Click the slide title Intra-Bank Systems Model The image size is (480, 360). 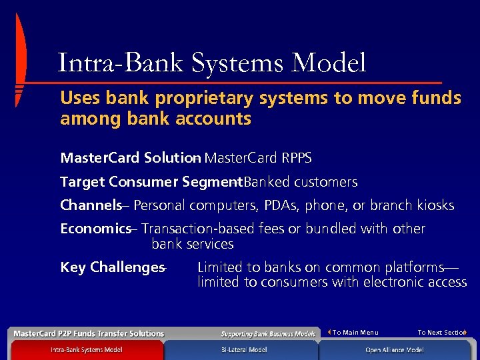tap(212, 63)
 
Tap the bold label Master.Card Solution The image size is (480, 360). tap(127, 158)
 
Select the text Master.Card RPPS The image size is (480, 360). tap(258, 158)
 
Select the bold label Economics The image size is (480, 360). tap(95, 229)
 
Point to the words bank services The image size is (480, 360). tap(193, 244)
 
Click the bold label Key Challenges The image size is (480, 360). tap(111, 267)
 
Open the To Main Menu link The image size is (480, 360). tap(354, 332)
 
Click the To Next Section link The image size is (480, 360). tap(441, 332)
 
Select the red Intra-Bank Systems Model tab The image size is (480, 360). tap(86, 350)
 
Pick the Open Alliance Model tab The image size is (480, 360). tap(394, 350)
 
